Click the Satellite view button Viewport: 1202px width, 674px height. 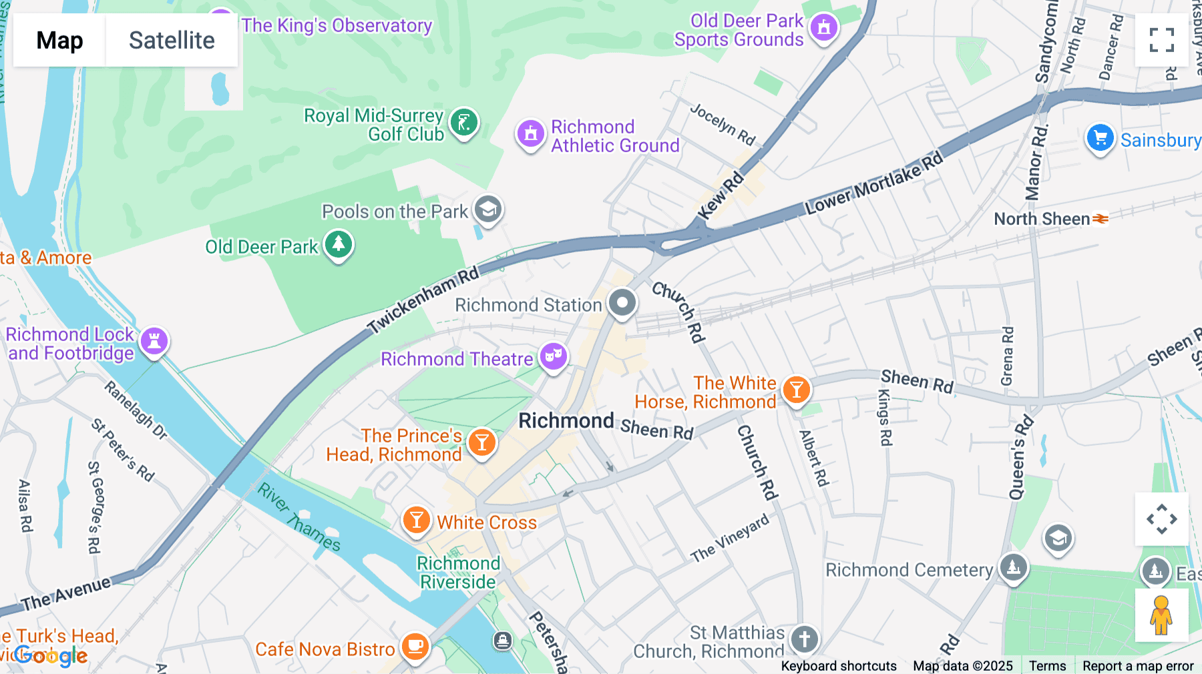172,40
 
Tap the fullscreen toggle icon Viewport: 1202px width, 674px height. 1161,40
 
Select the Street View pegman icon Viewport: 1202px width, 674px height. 1161,615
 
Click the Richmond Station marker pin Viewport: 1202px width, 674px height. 622,303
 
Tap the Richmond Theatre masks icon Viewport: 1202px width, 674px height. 554,356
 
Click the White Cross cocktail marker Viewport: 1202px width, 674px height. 416,519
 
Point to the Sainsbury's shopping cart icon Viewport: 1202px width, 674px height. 1099,138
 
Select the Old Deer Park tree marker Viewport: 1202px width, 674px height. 339,244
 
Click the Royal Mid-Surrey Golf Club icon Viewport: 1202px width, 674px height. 463,122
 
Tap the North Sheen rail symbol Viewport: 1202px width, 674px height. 1100,219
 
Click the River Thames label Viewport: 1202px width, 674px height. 299,517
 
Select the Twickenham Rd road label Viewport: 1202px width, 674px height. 423,299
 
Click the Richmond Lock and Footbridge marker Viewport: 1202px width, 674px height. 154,341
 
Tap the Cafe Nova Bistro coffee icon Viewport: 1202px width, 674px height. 415,646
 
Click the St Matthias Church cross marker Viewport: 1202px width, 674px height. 804,639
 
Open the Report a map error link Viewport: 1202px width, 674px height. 1138,666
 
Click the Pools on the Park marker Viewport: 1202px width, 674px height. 488,210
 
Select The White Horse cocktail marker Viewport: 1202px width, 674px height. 796,389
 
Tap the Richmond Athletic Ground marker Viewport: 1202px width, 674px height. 531,133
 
